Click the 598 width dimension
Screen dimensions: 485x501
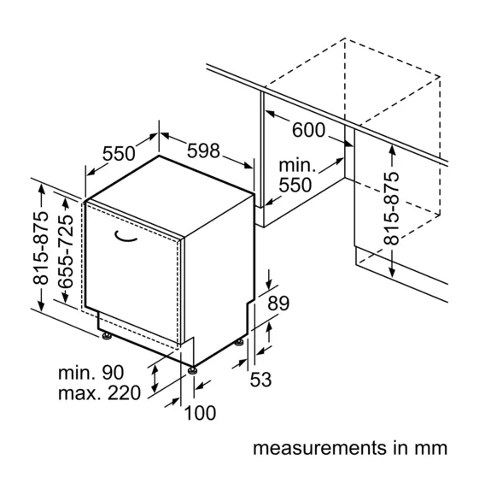click(x=203, y=150)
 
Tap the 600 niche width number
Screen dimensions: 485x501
click(x=308, y=130)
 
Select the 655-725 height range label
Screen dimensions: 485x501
click(x=66, y=251)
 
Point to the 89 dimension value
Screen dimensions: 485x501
click(x=278, y=304)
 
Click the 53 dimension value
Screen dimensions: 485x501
click(x=260, y=380)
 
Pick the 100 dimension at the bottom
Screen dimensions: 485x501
click(x=200, y=413)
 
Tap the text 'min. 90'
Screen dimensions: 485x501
click(x=91, y=373)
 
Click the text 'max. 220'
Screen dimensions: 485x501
click(x=99, y=393)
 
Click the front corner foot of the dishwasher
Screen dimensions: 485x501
click(x=192, y=370)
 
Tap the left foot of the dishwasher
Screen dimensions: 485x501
click(x=107, y=336)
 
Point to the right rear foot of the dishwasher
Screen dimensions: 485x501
click(x=239, y=343)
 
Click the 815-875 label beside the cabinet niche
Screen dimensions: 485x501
click(x=392, y=209)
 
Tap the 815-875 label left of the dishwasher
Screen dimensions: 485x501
click(x=41, y=248)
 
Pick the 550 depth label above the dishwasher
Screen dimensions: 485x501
click(x=119, y=153)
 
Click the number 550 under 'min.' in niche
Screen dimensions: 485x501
click(x=295, y=185)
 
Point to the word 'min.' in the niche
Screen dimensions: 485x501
click(x=297, y=166)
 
